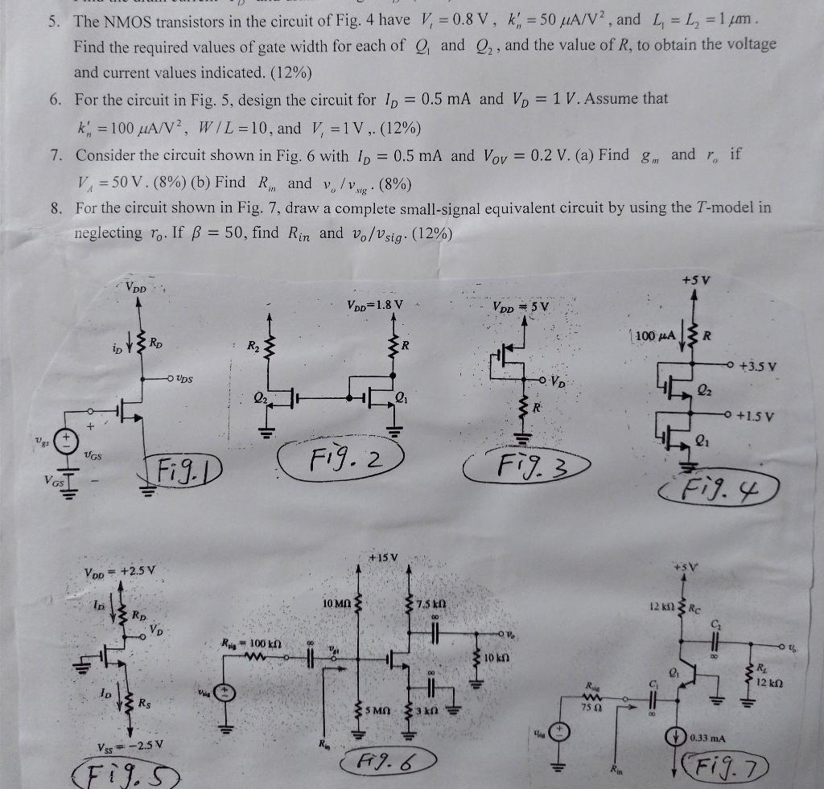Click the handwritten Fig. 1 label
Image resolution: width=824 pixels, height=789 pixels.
coord(184,466)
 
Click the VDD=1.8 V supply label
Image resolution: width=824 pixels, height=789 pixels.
coord(375,305)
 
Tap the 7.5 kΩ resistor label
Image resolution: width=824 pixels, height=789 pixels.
coord(433,603)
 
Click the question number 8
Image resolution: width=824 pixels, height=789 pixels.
coord(56,208)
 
